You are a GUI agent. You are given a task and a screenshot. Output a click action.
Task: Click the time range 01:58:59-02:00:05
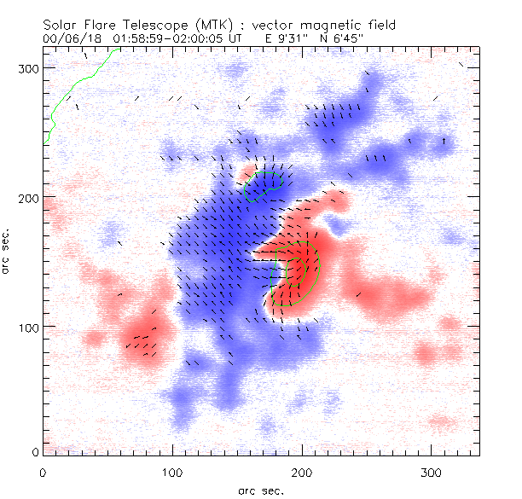pyautogui.click(x=177, y=38)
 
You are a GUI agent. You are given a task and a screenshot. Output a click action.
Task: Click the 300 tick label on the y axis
pyautogui.click(x=27, y=67)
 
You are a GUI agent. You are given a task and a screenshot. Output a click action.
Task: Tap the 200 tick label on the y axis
pyautogui.click(x=27, y=197)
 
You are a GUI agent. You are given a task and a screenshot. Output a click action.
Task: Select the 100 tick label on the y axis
pyautogui.click(x=27, y=327)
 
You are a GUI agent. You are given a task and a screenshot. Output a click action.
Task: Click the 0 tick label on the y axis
pyautogui.click(x=35, y=450)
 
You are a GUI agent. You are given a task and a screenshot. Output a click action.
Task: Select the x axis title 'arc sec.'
pyautogui.click(x=261, y=490)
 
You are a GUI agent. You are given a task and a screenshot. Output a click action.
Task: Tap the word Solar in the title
pyautogui.click(x=64, y=26)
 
